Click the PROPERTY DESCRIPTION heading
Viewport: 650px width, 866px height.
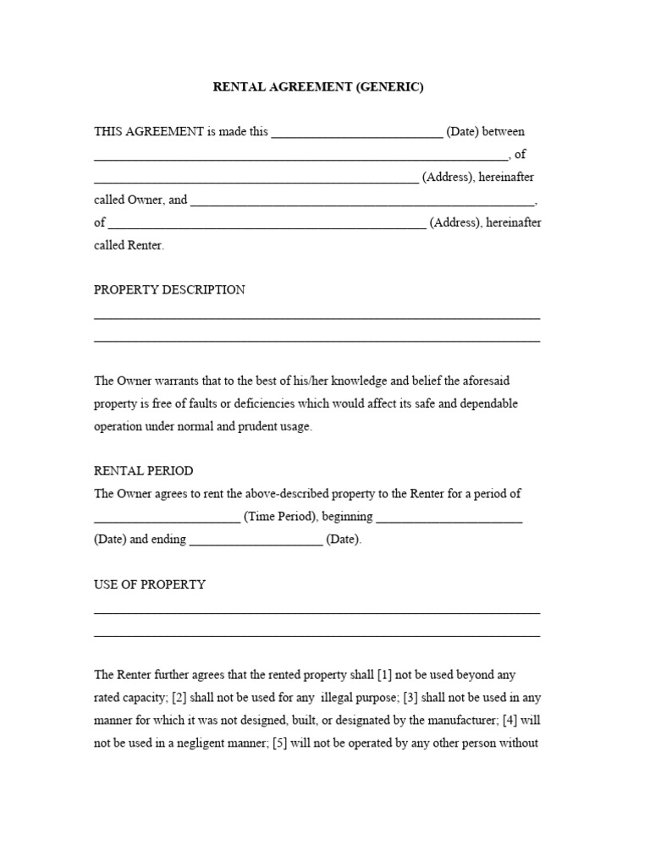(169, 290)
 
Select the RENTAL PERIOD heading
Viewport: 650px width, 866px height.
(143, 471)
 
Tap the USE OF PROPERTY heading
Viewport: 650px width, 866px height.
(150, 585)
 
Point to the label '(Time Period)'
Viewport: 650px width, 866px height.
(280, 518)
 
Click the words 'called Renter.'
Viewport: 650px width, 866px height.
(129, 246)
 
